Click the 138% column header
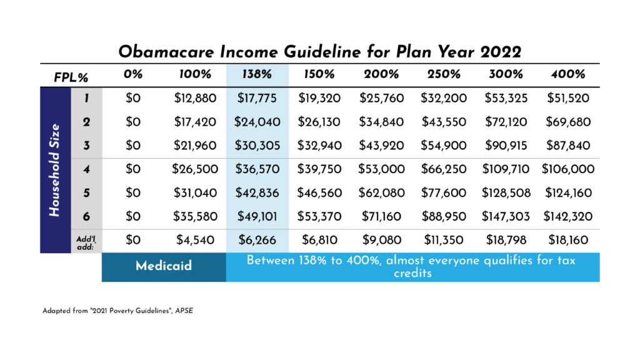point(257,74)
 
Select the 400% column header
point(568,74)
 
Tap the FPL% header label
point(71,77)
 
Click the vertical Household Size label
point(55,170)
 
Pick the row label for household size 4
point(86,169)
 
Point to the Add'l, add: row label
point(86,242)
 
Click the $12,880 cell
point(195,98)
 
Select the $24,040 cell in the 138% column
point(257,122)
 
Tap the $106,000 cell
point(568,169)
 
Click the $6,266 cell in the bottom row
point(257,240)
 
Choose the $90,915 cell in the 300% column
point(506,146)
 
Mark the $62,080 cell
point(382,192)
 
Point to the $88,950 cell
point(444,216)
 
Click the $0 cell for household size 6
point(133,216)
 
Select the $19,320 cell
point(319,98)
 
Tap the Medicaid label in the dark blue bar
point(164,266)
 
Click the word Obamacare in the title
point(166,52)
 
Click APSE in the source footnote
point(184,311)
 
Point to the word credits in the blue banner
point(412,273)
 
